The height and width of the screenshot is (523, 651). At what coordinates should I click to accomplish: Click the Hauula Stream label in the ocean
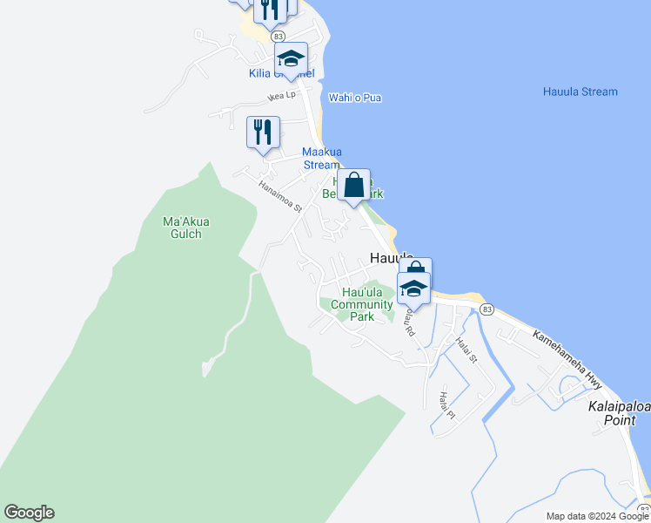pos(580,92)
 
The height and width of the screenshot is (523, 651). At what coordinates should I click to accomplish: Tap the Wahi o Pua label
pos(355,98)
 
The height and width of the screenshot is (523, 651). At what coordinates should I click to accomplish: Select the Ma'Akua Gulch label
pos(186,228)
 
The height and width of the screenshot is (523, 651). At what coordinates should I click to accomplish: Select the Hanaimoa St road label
pos(279,196)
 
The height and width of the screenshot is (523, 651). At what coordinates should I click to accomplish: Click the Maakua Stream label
pos(320,158)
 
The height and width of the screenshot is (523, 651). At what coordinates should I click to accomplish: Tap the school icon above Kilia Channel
pos(291,58)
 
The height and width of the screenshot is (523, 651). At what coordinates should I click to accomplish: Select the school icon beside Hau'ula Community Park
pos(413,288)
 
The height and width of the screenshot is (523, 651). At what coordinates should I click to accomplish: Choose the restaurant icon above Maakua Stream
pos(263,132)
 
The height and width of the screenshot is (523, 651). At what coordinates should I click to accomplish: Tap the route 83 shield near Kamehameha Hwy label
pos(487,309)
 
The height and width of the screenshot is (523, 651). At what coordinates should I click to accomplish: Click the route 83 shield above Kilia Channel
pos(278,36)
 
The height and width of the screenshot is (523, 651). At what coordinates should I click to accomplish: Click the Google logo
pos(29,513)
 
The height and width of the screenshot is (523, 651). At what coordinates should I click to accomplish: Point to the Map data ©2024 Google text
pos(597,516)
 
